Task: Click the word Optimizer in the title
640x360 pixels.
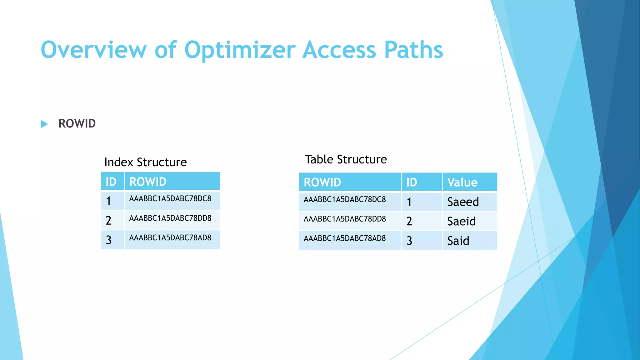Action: [240, 50]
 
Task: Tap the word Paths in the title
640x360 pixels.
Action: [413, 50]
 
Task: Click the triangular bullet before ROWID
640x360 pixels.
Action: [44, 124]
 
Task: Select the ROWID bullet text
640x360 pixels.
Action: [77, 124]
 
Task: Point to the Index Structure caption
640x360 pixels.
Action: [145, 162]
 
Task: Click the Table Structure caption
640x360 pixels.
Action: [346, 159]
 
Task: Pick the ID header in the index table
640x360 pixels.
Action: [111, 182]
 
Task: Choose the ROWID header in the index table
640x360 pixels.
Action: [148, 182]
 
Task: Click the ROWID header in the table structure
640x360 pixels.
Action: [322, 182]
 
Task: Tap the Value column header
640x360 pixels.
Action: [462, 182]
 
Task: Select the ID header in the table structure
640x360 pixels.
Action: [412, 182]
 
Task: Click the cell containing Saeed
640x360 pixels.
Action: [463, 202]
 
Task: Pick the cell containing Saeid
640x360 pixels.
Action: [461, 221]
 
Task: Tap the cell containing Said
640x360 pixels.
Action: [458, 241]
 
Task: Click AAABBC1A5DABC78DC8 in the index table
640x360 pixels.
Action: [170, 199]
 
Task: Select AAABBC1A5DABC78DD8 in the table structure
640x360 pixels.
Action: [345, 219]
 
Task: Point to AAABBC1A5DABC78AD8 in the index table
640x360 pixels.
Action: [170, 238]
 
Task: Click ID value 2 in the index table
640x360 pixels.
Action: [108, 220]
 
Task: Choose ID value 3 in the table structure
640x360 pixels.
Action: [409, 241]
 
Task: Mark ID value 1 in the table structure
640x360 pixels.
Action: [409, 202]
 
